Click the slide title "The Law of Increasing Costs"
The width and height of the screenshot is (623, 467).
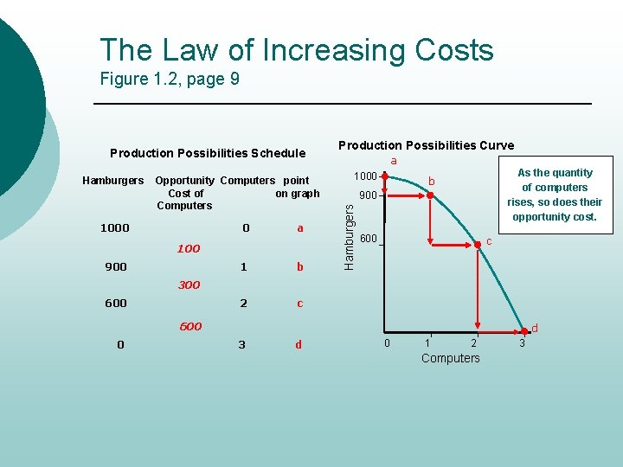click(x=296, y=50)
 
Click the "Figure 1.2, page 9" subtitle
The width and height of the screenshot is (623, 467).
click(x=170, y=80)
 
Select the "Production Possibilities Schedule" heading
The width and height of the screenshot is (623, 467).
click(x=208, y=153)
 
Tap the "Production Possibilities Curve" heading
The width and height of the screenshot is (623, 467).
click(x=426, y=145)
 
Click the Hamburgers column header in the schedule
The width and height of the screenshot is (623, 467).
click(x=113, y=181)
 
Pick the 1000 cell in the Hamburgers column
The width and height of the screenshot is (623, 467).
click(x=115, y=228)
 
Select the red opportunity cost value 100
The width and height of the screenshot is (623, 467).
click(x=189, y=249)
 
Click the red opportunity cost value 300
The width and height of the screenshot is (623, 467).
click(x=189, y=285)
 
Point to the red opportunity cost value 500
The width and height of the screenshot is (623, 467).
click(x=190, y=327)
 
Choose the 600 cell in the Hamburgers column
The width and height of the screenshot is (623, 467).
click(x=116, y=304)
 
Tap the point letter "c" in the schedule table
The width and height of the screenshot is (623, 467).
click(x=299, y=304)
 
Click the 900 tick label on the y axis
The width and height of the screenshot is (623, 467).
click(x=369, y=195)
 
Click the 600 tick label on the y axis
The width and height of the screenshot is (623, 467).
click(x=369, y=239)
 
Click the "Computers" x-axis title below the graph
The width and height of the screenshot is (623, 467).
click(x=450, y=358)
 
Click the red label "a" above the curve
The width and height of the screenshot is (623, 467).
click(x=394, y=161)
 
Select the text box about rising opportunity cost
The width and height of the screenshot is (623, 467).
click(x=555, y=195)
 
